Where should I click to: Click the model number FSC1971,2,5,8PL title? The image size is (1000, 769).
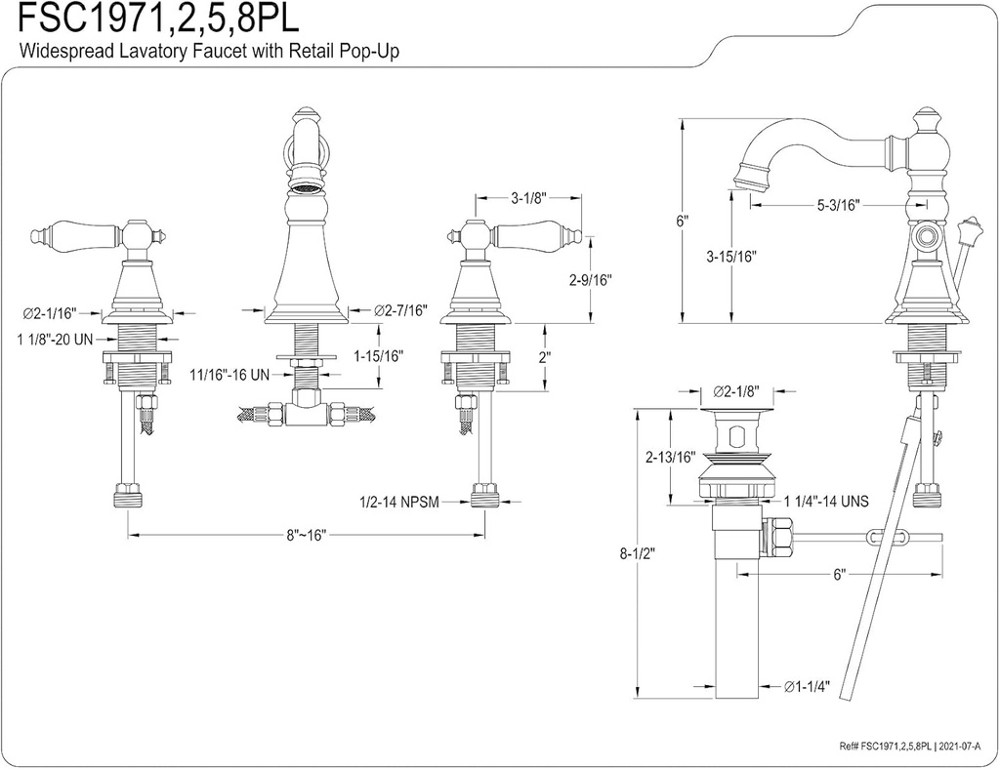pyautogui.click(x=158, y=20)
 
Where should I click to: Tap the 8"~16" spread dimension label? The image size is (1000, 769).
pyautogui.click(x=305, y=535)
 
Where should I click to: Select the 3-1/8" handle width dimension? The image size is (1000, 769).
pyautogui.click(x=529, y=198)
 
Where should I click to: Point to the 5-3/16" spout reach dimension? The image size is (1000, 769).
pyautogui.click(x=839, y=205)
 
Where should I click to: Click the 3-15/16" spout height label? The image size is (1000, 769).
pyautogui.click(x=730, y=256)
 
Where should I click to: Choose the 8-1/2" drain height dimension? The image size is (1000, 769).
pyautogui.click(x=637, y=553)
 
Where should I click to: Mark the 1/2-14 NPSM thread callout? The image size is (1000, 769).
pyautogui.click(x=399, y=502)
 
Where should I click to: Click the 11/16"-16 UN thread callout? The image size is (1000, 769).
pyautogui.click(x=229, y=375)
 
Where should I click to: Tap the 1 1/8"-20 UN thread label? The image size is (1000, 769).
pyautogui.click(x=55, y=340)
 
